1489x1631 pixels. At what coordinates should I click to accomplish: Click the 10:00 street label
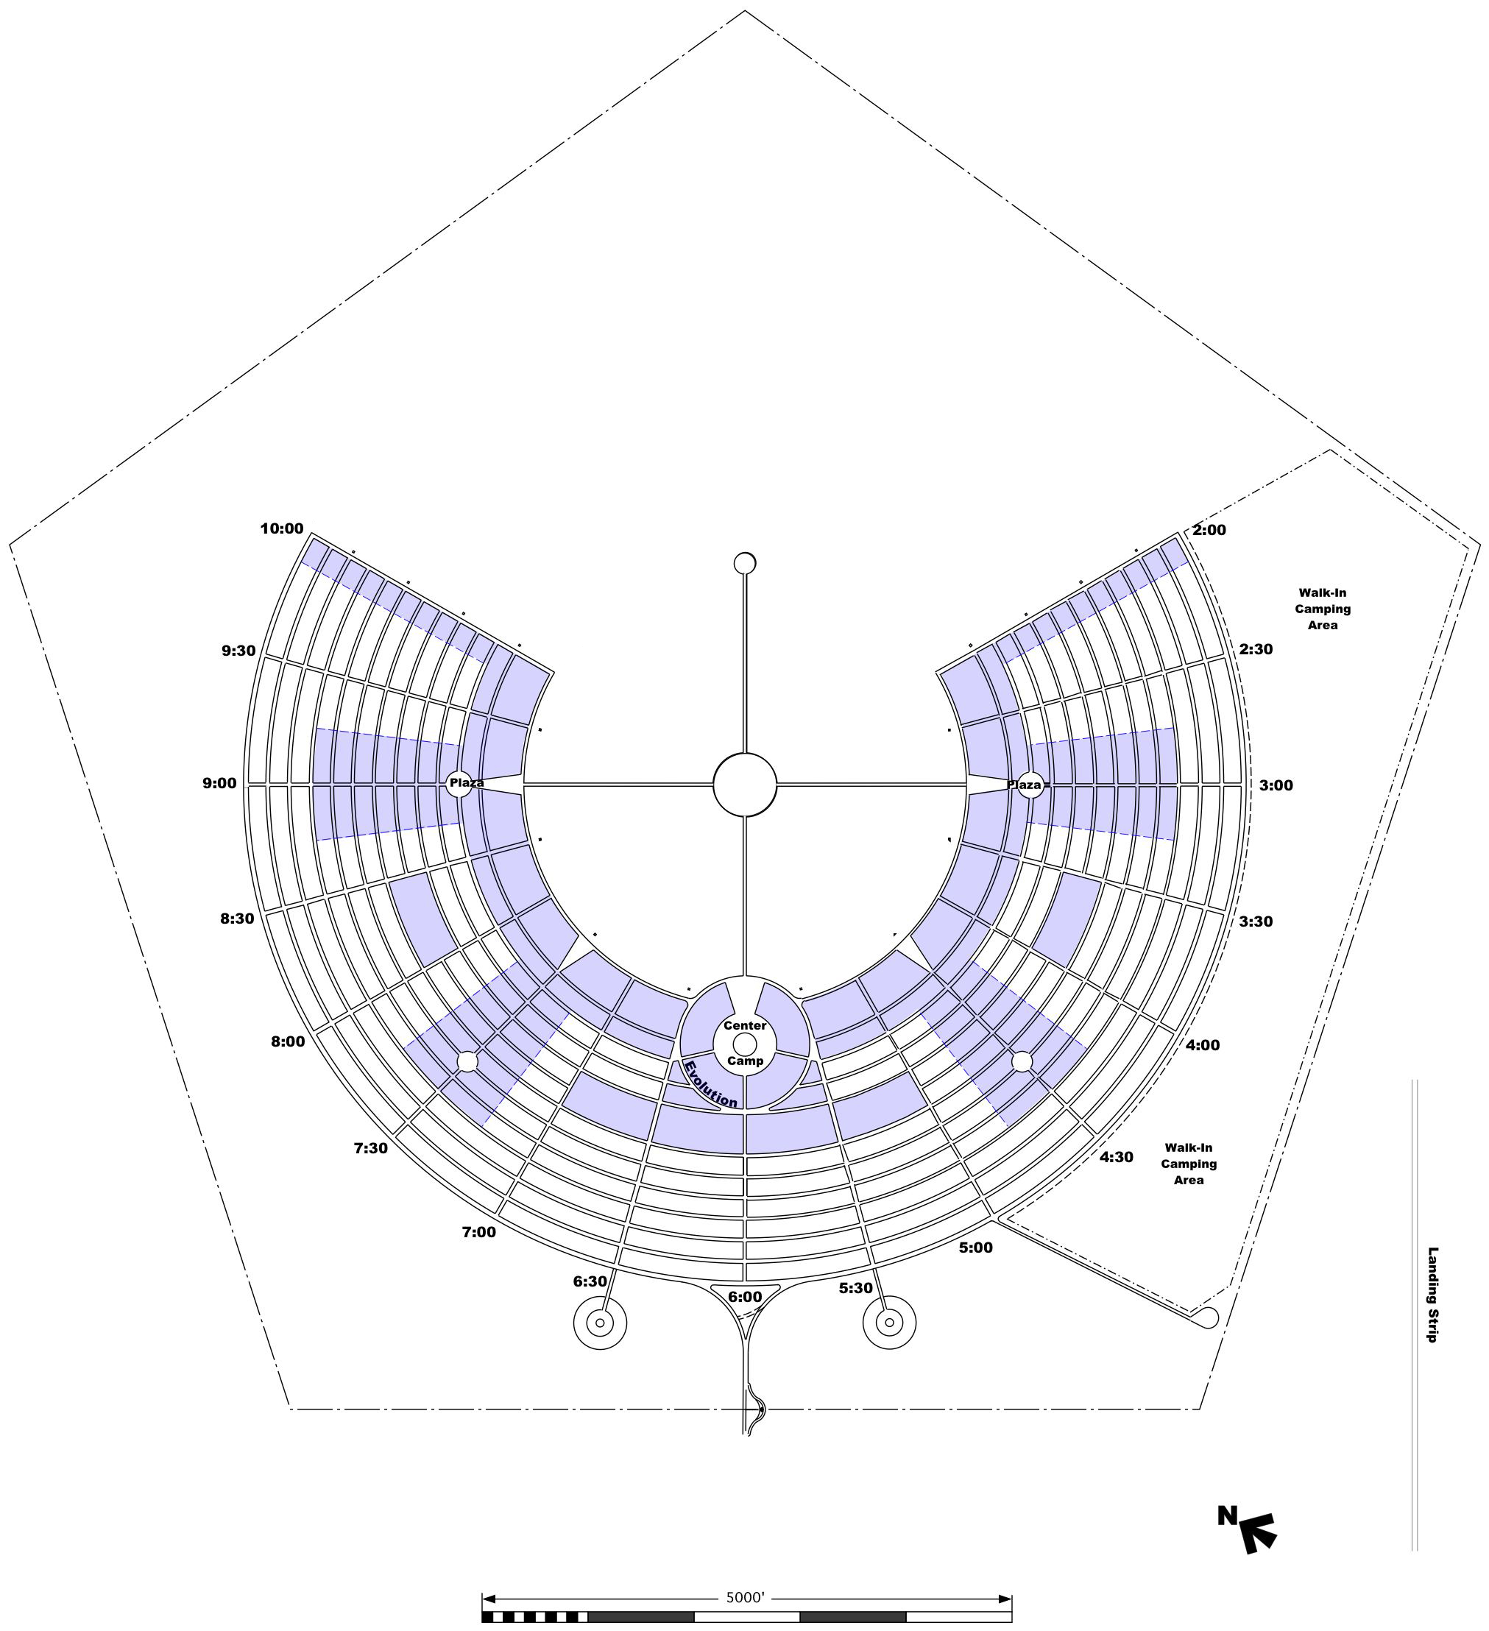point(282,529)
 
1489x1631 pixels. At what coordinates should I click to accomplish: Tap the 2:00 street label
point(1209,530)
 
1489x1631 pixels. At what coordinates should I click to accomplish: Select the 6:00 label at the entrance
point(745,1297)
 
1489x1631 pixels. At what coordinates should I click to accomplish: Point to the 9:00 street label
point(219,783)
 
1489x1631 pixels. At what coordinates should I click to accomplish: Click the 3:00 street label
point(1276,785)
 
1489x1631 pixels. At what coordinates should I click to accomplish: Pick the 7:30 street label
point(371,1148)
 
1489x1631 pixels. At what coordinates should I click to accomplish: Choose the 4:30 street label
point(1116,1157)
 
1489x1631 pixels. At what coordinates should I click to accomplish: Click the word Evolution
point(710,1085)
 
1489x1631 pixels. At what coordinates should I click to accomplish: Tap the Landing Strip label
point(1432,1295)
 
